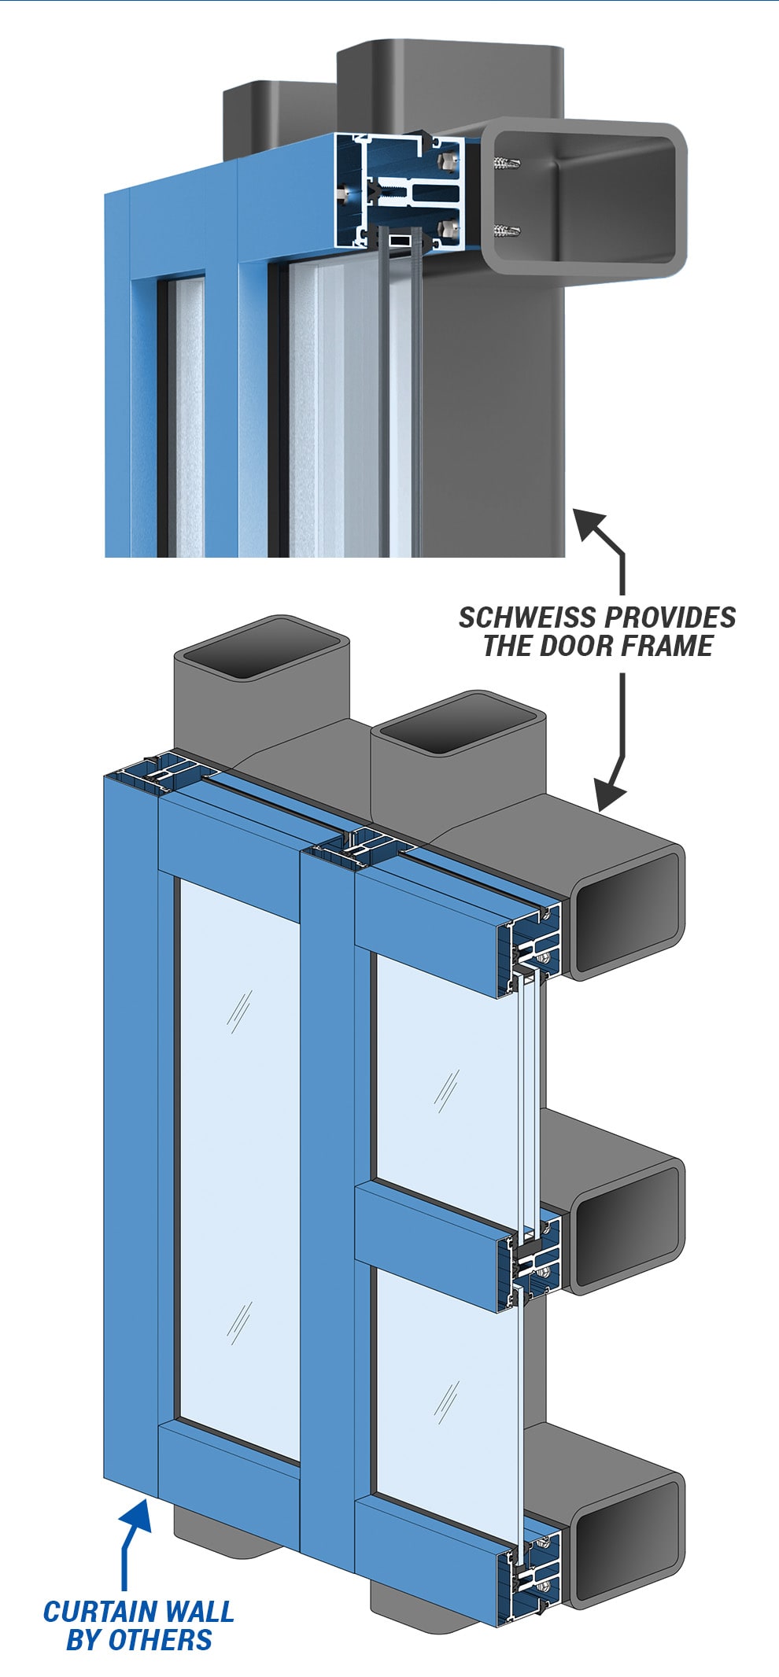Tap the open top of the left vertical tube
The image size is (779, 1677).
coord(260,647)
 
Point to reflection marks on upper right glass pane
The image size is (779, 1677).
coord(448,1089)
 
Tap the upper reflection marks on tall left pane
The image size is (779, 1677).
coord(238,1011)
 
